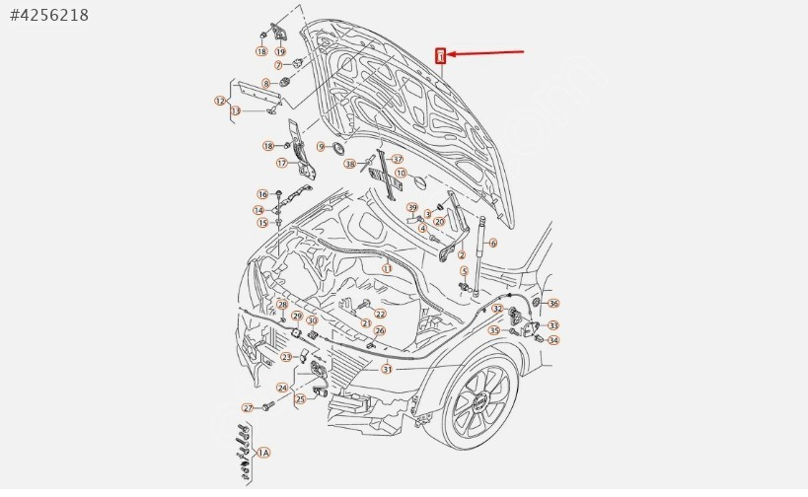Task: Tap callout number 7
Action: coord(252,65)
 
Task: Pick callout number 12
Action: coord(220,101)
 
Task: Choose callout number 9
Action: coord(321,146)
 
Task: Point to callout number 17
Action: coord(281,164)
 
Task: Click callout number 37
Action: coord(398,159)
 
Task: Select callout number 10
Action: coord(400,173)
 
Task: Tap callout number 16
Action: coord(262,194)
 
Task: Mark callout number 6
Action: coord(492,243)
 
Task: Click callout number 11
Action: coord(387,268)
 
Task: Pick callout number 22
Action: coord(380,314)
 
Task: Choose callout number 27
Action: coord(248,407)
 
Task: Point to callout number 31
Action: coord(388,370)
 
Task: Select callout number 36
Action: coord(553,304)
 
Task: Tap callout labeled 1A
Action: coord(262,453)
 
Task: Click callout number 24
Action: coord(281,388)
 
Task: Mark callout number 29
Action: coord(296,316)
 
